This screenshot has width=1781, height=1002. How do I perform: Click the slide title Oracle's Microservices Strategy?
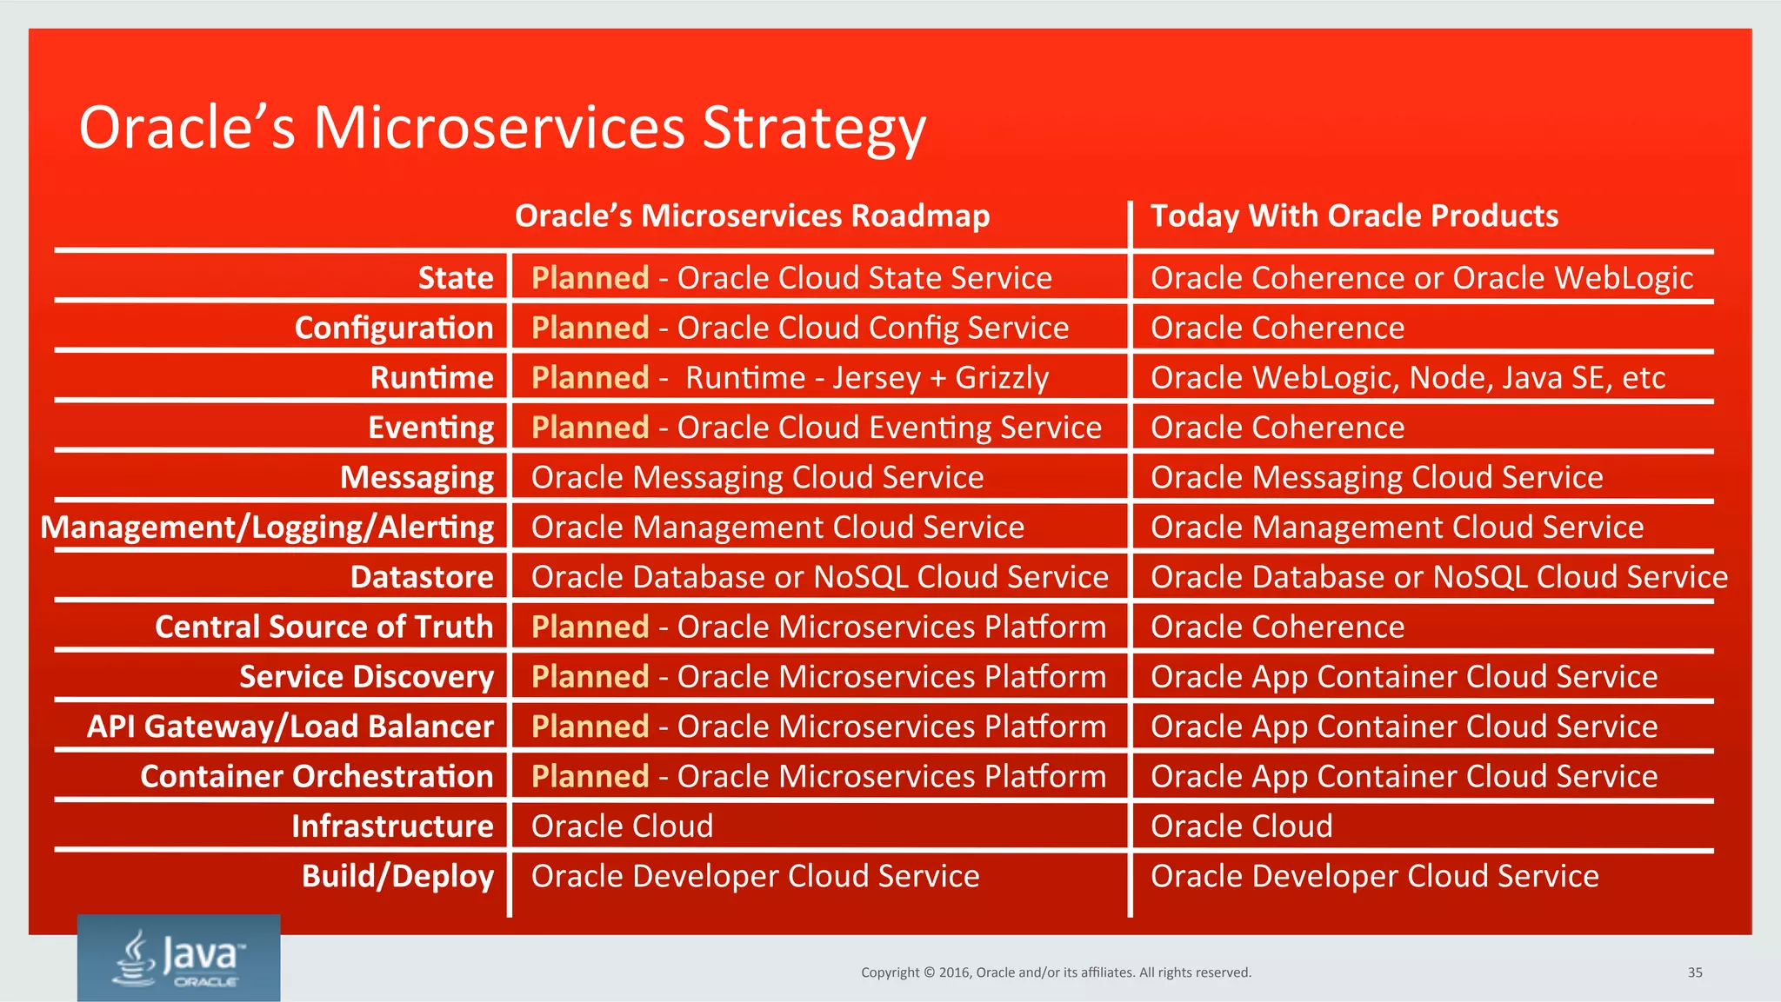pos(502,128)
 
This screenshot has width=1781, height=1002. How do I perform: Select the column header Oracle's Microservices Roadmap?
pos(751,216)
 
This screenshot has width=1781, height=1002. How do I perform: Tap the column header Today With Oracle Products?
pos(1353,216)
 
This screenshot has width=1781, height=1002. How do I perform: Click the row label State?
pos(455,278)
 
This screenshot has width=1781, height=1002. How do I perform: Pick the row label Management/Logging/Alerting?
pos(267,528)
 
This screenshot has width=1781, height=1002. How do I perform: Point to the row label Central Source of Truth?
pos(324,627)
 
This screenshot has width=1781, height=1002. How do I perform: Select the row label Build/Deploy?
pos(397,876)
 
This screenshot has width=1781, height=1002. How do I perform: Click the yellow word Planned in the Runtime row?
pos(590,378)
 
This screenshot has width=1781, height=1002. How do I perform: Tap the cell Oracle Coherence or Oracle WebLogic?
pos(1421,278)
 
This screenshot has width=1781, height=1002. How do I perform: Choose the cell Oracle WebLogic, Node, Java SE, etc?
pos(1407,378)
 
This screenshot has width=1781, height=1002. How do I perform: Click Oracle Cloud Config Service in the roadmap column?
pos(872,328)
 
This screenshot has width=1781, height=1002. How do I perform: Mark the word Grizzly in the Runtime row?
pos(1002,378)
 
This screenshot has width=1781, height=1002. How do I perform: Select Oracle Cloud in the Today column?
pos(1241,826)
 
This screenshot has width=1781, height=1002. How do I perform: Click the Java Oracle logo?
pos(179,958)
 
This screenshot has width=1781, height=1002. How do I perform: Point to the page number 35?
pos(1694,972)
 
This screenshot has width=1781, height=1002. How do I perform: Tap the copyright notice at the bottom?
pos(1056,972)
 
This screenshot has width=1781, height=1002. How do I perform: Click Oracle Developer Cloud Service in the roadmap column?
pos(755,876)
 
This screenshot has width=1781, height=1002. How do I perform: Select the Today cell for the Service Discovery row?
pos(1404,677)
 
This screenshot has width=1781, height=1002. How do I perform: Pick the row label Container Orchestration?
pos(317,777)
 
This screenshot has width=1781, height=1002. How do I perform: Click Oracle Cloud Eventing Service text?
pos(889,428)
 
